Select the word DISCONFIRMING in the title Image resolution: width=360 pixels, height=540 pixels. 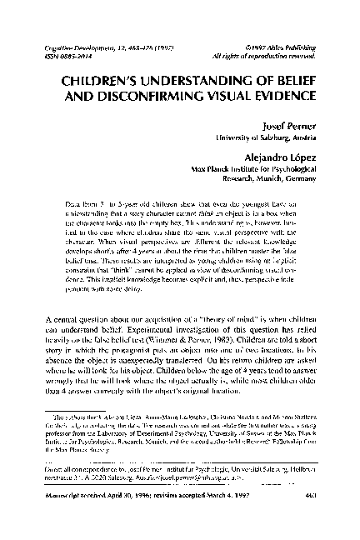[149, 102]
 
